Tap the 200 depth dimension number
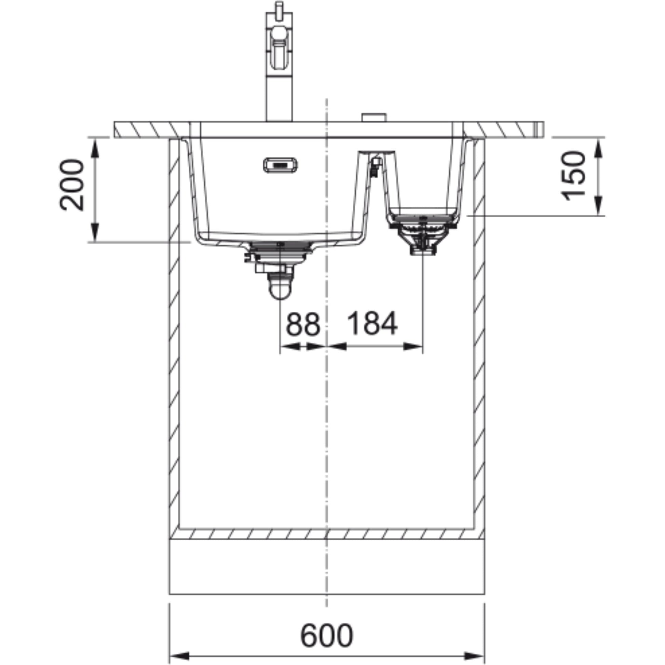[x=72, y=185]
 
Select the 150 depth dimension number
[x=573, y=176]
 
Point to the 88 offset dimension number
[x=303, y=324]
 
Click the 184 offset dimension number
[x=372, y=324]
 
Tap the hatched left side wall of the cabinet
[x=174, y=344]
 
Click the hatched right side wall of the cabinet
[x=479, y=344]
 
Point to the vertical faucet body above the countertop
[x=279, y=96]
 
